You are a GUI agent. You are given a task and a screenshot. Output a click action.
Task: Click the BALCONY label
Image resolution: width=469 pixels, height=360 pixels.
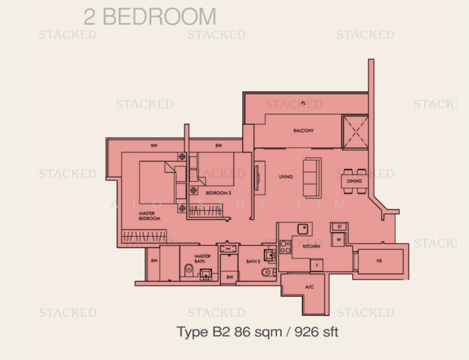[x=303, y=130]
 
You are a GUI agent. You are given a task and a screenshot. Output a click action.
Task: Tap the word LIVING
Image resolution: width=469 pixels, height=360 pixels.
[x=286, y=177]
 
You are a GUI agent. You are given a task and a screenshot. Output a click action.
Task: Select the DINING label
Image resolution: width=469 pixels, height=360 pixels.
[x=354, y=180]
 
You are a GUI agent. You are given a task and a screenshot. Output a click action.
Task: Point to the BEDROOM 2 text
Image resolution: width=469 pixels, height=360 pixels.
[x=218, y=193]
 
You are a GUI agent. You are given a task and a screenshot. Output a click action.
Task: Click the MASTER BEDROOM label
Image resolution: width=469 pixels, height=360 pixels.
[x=149, y=216]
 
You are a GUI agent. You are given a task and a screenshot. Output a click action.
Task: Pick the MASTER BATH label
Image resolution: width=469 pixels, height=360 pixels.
[x=202, y=259]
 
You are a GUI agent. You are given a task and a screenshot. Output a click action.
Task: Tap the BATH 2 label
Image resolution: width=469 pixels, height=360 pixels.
[x=252, y=262]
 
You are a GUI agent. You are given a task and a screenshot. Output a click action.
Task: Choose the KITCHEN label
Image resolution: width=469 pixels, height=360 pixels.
[x=311, y=246]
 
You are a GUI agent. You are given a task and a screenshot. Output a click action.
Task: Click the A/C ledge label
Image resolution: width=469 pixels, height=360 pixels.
[x=309, y=287]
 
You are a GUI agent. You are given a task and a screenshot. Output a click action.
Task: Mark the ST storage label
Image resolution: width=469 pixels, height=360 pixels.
[x=339, y=227]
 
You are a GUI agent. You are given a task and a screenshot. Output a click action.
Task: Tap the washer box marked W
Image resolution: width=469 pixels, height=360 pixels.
[x=339, y=239]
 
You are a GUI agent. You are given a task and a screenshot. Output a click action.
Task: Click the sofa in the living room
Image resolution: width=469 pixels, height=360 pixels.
[x=312, y=177]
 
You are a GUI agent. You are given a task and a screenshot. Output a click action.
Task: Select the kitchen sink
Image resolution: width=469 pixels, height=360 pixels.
[x=303, y=229]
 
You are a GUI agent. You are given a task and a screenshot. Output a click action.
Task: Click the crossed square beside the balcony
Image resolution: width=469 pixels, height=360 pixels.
[x=354, y=131]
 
